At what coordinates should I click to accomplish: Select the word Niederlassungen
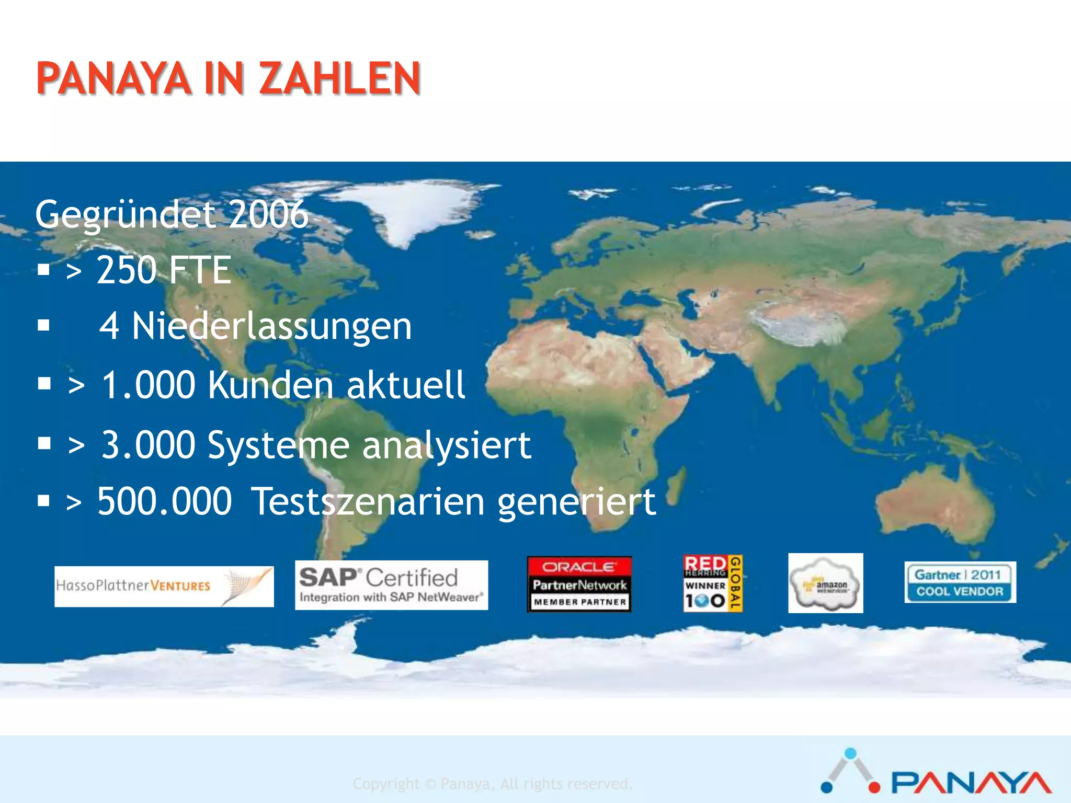click(271, 326)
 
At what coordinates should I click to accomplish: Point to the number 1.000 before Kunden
click(148, 385)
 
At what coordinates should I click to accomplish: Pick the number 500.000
click(164, 501)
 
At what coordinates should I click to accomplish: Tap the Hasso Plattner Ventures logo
click(164, 586)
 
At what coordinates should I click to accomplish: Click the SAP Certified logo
click(391, 585)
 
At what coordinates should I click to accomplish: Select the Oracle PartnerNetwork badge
click(579, 584)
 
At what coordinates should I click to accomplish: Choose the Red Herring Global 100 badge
click(713, 583)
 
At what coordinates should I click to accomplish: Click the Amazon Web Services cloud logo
click(825, 583)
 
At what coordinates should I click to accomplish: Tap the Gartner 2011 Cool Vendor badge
click(960, 582)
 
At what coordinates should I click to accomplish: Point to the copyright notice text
click(492, 784)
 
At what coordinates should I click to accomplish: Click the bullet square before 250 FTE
click(44, 270)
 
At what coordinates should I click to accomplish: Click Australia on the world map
click(933, 504)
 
